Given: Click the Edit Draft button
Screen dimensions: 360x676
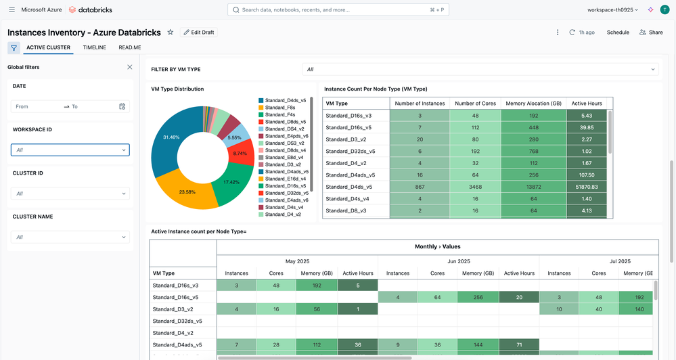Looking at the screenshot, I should (198, 32).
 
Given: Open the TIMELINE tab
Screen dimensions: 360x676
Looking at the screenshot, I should (94, 47).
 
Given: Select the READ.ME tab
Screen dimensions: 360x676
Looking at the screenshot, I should (130, 47).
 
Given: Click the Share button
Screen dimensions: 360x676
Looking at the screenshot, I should (651, 32).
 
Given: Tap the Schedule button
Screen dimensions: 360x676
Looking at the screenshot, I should (618, 32).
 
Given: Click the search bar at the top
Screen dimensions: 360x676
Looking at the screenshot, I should (338, 10).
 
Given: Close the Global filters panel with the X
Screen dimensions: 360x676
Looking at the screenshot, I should (130, 67).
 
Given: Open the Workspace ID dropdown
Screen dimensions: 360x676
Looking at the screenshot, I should (70, 150).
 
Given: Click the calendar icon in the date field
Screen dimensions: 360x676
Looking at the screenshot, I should (122, 106).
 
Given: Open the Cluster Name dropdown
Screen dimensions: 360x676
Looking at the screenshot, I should (70, 237).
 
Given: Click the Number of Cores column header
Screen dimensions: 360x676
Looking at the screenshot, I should (475, 103).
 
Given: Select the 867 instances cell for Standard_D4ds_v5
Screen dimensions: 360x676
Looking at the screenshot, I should (420, 186).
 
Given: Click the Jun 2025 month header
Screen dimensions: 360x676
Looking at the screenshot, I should (458, 261).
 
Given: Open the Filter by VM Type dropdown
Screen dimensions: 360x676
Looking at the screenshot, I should (481, 69).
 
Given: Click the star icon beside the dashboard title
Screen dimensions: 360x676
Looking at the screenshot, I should (171, 32).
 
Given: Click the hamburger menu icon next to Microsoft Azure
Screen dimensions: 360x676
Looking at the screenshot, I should (12, 10).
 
